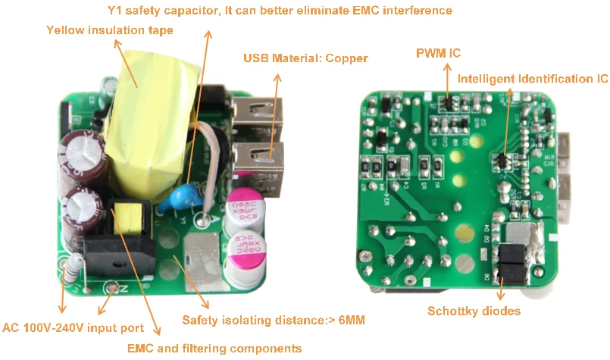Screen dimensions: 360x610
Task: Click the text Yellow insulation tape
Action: tap(110, 30)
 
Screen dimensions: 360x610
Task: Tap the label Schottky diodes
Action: tap(474, 311)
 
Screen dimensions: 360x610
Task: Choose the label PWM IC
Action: tap(438, 53)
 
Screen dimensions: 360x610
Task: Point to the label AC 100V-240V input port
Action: tap(73, 328)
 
